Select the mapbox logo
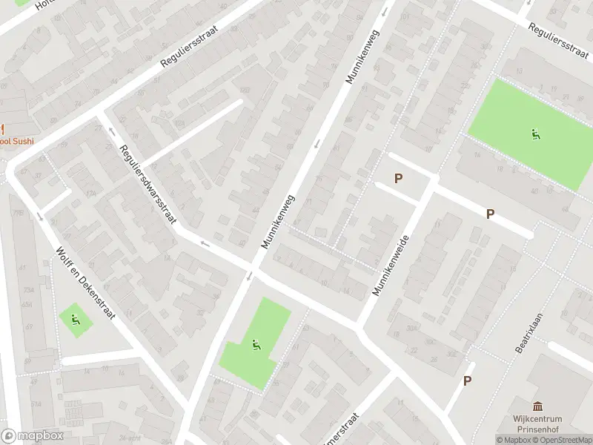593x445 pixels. click(x=32, y=435)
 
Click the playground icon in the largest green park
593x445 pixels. click(x=534, y=134)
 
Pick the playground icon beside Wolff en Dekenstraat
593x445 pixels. click(x=76, y=320)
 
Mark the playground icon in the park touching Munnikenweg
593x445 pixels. click(x=256, y=344)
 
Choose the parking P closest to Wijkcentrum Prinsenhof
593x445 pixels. click(x=467, y=380)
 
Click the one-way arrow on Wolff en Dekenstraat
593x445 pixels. click(x=39, y=216)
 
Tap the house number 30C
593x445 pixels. click(x=430, y=343)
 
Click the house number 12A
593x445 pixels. click(x=90, y=194)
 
